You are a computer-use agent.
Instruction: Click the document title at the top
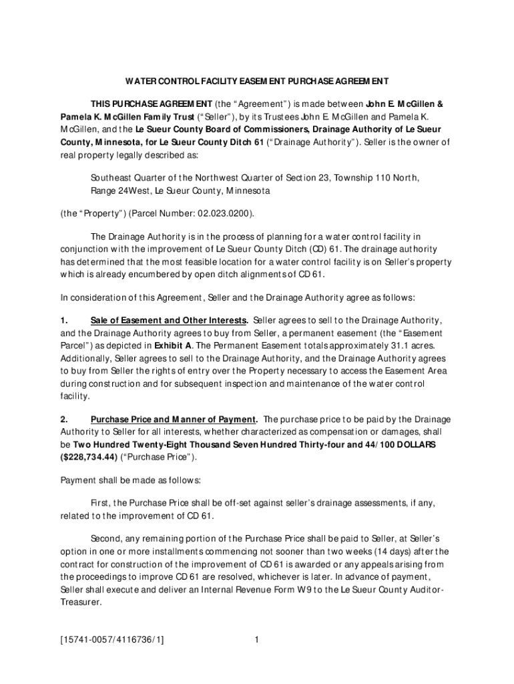point(257,81)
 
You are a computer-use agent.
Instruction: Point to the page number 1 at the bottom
point(256,641)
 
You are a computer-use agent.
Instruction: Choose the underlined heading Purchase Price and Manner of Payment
point(174,419)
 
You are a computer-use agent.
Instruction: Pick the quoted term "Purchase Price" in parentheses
point(159,457)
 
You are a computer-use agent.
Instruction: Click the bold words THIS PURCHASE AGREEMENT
point(151,105)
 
